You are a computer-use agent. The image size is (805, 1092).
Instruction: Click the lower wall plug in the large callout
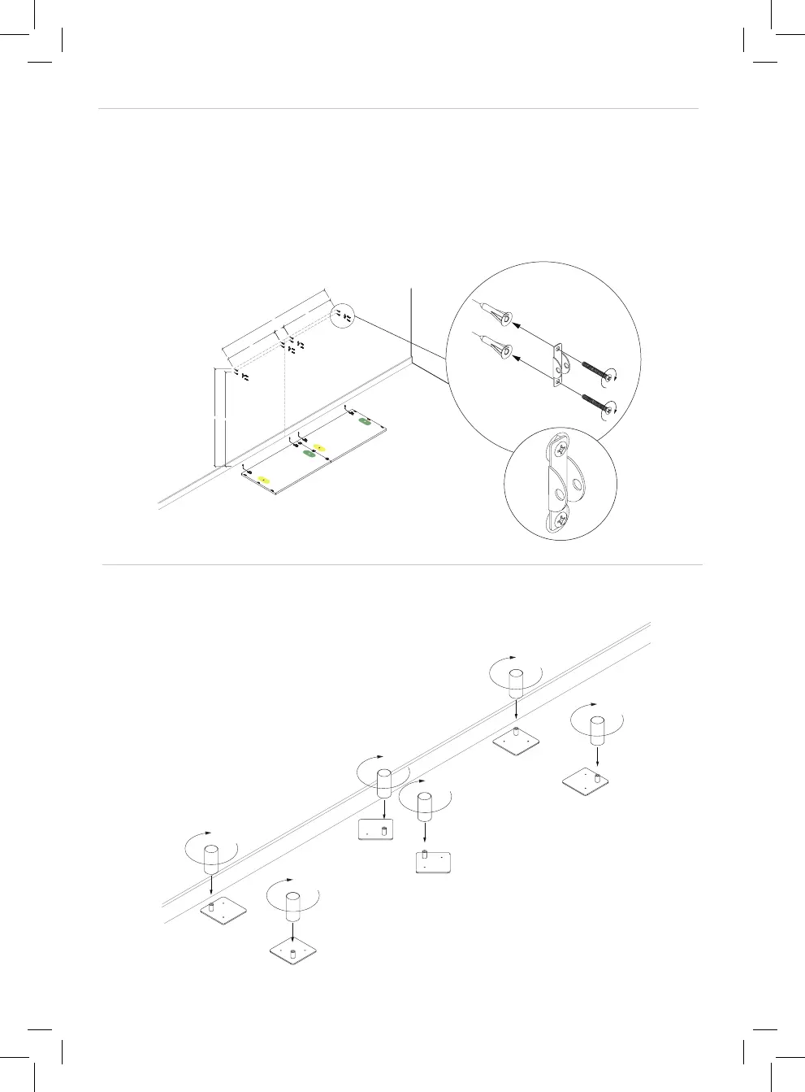500,350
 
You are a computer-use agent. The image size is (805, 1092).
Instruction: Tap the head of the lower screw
611,412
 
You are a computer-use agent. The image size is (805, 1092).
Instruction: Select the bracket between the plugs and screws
558,363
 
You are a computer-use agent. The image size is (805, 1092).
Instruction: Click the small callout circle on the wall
343,315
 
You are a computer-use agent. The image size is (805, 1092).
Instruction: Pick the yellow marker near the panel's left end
262,481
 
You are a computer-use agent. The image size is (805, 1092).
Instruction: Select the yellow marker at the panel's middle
320,447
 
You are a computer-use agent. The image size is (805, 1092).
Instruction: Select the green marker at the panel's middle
309,455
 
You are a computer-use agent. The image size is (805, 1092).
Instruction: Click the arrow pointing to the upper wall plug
536,337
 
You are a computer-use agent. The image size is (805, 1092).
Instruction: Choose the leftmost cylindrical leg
211,859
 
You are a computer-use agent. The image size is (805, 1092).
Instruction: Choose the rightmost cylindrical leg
597,731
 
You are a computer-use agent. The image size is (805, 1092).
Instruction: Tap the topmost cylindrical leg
515,681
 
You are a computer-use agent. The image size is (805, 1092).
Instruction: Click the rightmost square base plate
586,780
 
